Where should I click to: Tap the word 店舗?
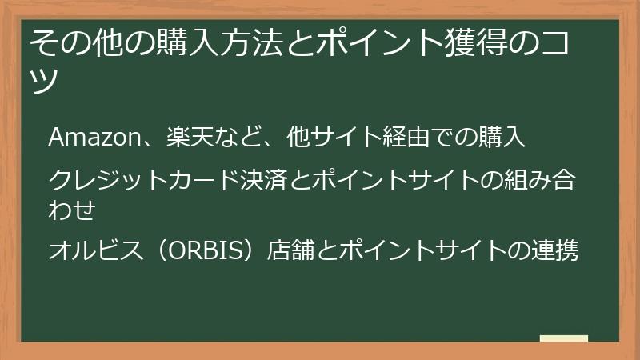(298, 251)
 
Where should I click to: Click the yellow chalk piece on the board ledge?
(563, 338)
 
